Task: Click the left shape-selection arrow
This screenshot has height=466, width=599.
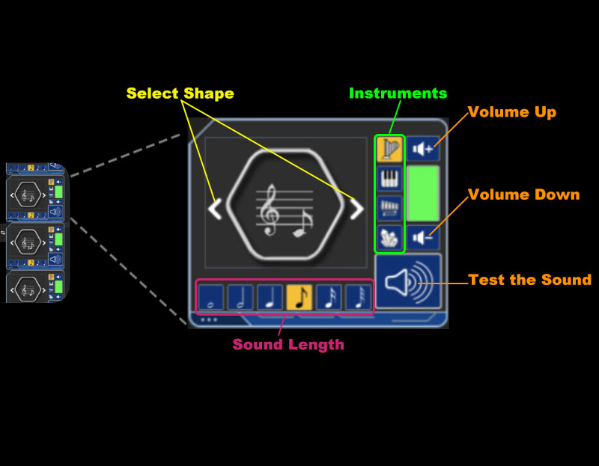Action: [215, 209]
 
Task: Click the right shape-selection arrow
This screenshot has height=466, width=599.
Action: [356, 209]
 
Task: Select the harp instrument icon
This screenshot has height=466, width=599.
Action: [389, 148]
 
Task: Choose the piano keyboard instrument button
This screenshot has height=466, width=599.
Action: [389, 178]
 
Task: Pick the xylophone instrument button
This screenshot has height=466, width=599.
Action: [389, 208]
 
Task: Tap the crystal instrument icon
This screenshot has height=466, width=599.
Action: [389, 237]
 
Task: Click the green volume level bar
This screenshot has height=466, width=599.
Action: [423, 193]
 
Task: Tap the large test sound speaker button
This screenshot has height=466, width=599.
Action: [408, 281]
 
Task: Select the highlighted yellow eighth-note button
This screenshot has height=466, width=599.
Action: [299, 298]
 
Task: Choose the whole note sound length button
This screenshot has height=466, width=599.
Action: [211, 298]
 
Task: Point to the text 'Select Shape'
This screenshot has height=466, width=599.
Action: [180, 93]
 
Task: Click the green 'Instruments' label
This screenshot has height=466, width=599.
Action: [398, 93]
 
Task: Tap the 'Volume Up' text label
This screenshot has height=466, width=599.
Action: [512, 112]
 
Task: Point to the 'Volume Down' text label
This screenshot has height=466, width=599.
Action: [523, 195]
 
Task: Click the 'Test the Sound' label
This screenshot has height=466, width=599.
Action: [529, 280]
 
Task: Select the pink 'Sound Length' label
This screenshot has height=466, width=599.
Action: [288, 345]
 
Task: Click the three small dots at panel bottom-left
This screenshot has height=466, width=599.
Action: [209, 320]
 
